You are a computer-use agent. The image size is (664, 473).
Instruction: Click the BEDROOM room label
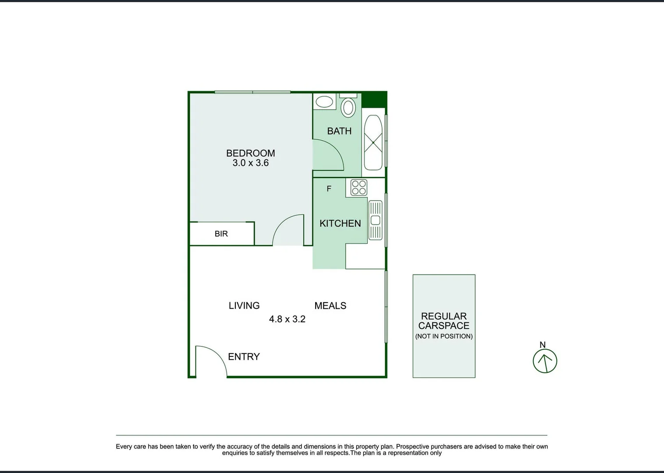pyautogui.click(x=250, y=153)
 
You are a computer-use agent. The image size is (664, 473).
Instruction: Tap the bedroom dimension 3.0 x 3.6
pyautogui.click(x=250, y=163)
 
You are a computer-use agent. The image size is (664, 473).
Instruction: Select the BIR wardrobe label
pyautogui.click(x=221, y=234)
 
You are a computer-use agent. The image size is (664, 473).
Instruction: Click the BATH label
pyautogui.click(x=339, y=131)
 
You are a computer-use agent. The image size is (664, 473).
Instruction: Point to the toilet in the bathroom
pyautogui.click(x=348, y=106)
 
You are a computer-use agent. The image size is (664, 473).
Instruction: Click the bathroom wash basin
pyautogui.click(x=324, y=102)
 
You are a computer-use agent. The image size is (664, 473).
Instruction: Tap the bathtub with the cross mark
pyautogui.click(x=373, y=142)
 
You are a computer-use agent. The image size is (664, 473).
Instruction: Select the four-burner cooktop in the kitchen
pyautogui.click(x=359, y=187)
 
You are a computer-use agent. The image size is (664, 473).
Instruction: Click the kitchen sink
pyautogui.click(x=375, y=220)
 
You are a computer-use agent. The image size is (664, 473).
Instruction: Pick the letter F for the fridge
pyautogui.click(x=329, y=189)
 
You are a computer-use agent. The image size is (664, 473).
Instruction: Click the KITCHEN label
pyautogui.click(x=340, y=223)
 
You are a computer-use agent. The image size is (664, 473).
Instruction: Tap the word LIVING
pyautogui.click(x=244, y=306)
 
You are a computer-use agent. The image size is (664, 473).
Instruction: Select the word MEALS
pyautogui.click(x=330, y=306)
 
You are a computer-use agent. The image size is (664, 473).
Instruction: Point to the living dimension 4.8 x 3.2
pyautogui.click(x=287, y=319)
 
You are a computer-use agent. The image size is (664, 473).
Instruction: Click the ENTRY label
pyautogui.click(x=244, y=357)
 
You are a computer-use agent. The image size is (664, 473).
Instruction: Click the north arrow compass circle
pyautogui.click(x=545, y=361)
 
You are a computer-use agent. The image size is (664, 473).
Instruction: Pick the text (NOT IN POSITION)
pyautogui.click(x=444, y=336)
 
